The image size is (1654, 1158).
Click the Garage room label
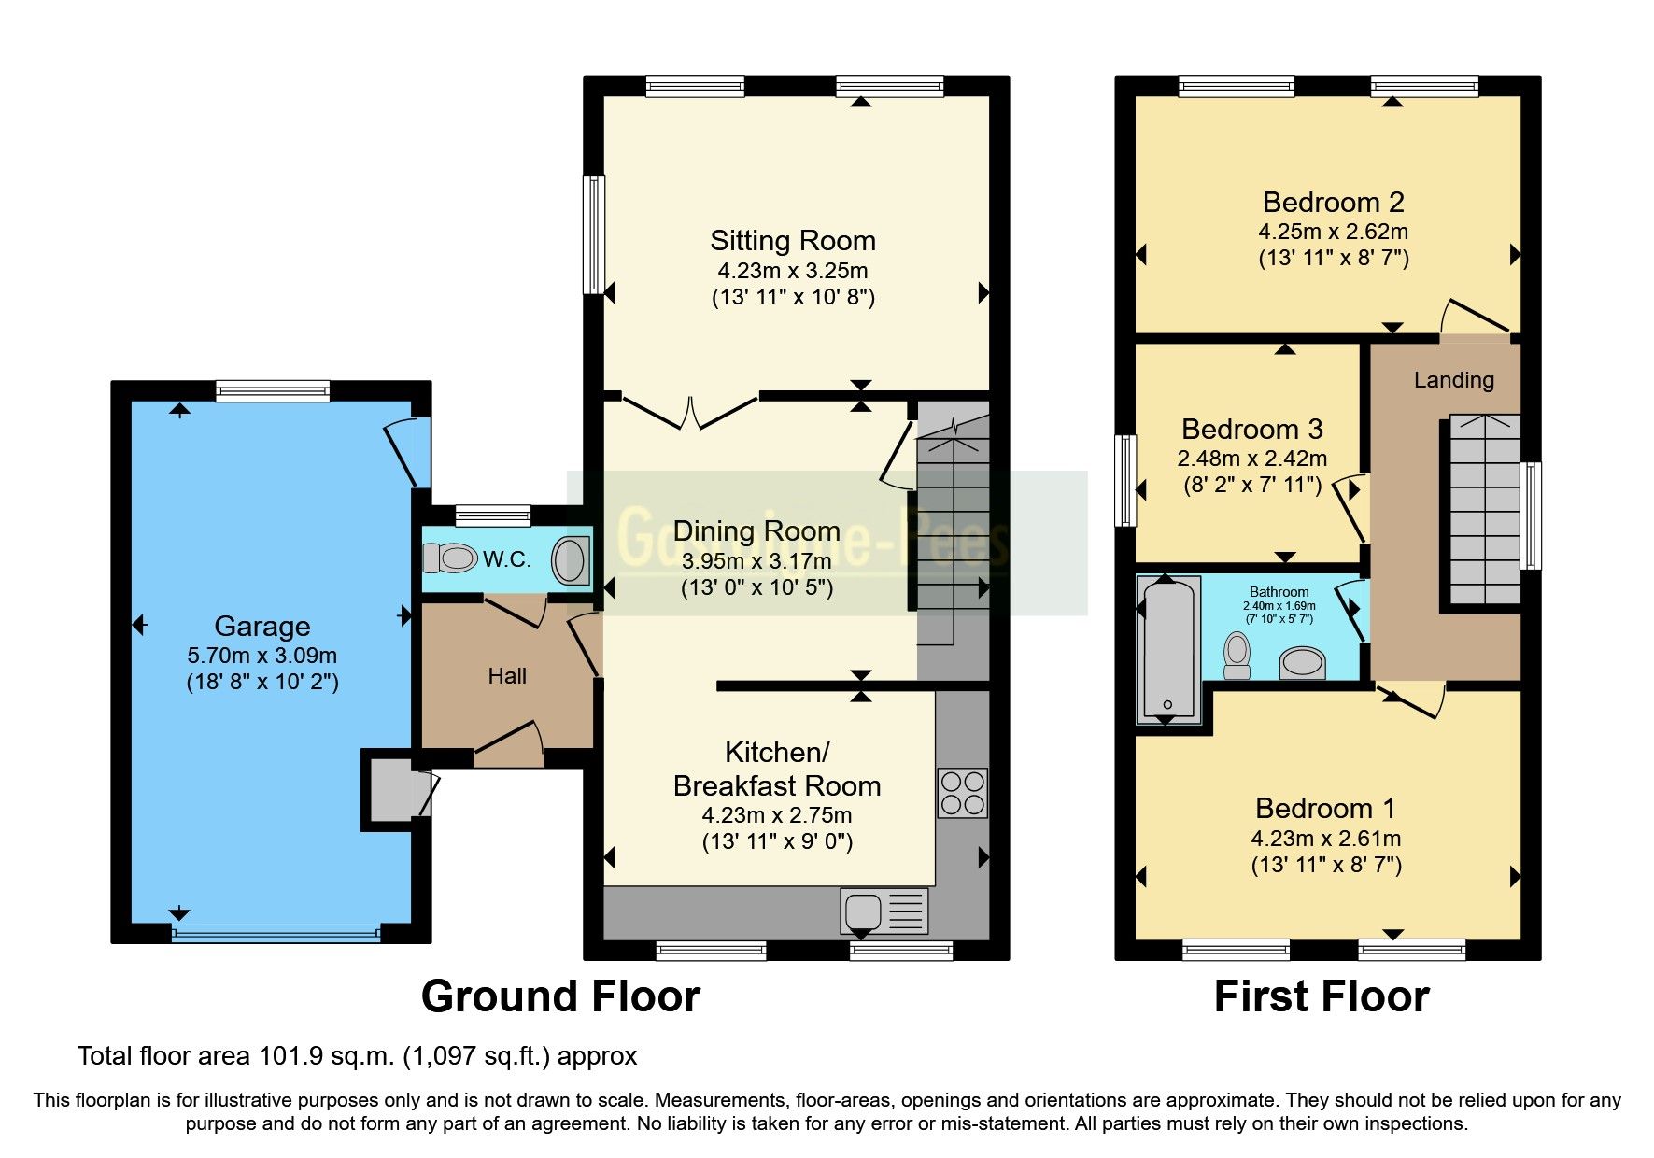262,626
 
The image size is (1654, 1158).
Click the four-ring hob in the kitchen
963,793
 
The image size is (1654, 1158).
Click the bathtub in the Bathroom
1167,650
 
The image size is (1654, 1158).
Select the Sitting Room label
793,241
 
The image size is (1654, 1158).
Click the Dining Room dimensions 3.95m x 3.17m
756,561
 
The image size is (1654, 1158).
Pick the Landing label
1453,380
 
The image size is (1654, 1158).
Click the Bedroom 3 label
1251,429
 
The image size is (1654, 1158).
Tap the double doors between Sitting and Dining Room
690,411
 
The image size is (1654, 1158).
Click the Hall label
507,676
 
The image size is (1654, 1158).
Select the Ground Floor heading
560,996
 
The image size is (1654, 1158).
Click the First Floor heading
1321,996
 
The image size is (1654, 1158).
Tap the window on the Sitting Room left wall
593,233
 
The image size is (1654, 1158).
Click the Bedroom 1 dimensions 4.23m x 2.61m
1325,839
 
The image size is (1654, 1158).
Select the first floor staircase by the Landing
1484,509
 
